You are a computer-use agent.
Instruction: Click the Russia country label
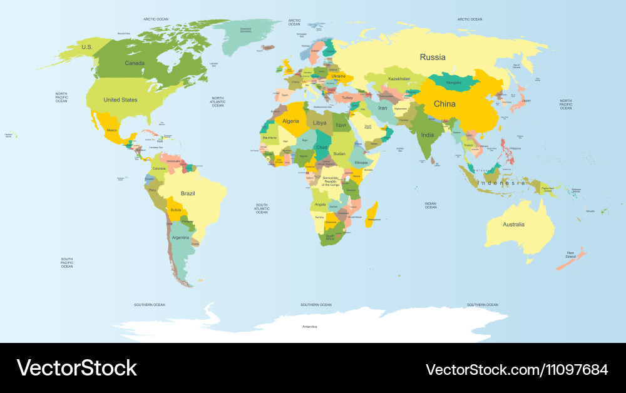coord(433,57)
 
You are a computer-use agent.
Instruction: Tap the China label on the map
coord(444,104)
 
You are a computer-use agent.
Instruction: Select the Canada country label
coord(135,63)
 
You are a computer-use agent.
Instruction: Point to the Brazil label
coord(188,193)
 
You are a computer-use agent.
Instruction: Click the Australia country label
coord(513,224)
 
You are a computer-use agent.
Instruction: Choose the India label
coord(428,135)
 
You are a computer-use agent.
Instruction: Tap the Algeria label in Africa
coord(291,121)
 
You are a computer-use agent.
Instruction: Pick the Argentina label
coord(180,238)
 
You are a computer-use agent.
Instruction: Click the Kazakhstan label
coord(399,79)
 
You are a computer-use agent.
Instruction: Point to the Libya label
coord(320,123)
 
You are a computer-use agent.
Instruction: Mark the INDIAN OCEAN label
coord(431,205)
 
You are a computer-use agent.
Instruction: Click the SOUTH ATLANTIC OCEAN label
coord(262,208)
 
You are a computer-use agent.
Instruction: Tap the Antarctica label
coord(310,327)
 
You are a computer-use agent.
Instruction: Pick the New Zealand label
coord(570,255)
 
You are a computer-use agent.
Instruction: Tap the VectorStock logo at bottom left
coord(77,368)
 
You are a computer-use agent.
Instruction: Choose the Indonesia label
coord(501,183)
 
